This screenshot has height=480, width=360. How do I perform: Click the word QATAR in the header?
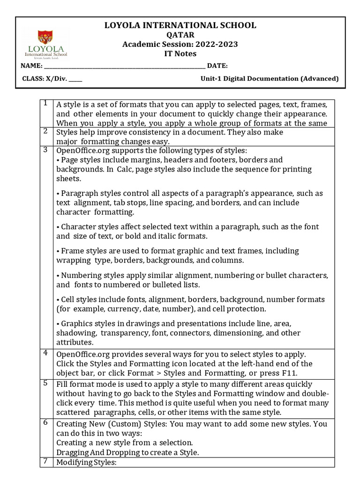point(180,35)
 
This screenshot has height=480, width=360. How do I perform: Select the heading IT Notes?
point(180,53)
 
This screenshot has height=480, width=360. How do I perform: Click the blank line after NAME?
point(125,66)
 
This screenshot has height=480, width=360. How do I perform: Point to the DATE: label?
point(217,66)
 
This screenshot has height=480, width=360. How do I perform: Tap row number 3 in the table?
point(45,150)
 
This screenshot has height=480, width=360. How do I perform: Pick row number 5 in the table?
point(45,383)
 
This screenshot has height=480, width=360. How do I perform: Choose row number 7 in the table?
point(45,461)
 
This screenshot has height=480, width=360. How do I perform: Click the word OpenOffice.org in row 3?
point(82,150)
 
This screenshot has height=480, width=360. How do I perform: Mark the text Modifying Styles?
point(86,463)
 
